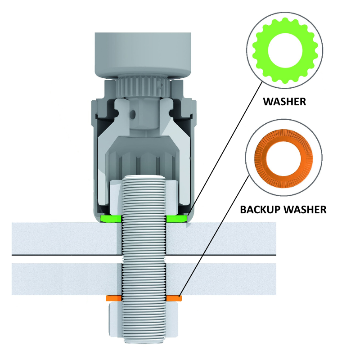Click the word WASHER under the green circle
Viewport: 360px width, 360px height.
(x=284, y=102)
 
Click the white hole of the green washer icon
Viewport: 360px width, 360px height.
(x=285, y=50)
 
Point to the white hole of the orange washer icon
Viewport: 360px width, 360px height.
(x=283, y=158)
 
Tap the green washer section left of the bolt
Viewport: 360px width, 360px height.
(x=111, y=219)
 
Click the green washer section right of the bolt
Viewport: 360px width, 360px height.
(x=176, y=219)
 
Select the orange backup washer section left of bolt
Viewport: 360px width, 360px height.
(x=114, y=298)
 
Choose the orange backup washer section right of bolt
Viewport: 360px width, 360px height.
(x=174, y=298)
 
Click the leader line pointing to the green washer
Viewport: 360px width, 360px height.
(x=225, y=148)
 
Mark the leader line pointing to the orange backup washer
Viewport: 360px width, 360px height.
(x=214, y=235)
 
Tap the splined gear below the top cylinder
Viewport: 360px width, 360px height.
(x=143, y=87)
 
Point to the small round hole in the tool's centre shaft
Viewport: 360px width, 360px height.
(x=133, y=113)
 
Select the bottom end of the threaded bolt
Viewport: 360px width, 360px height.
(x=144, y=342)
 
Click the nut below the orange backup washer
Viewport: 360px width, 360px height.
(x=144, y=320)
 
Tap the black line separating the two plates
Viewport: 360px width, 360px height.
(x=144, y=255)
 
